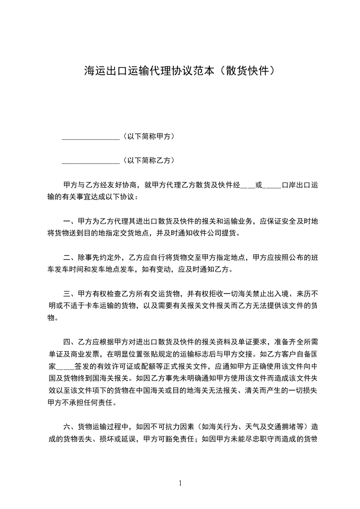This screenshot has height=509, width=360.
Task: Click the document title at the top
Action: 180,71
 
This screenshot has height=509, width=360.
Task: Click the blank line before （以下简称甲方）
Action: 90,137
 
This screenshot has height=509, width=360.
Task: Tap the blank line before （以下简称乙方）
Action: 90,161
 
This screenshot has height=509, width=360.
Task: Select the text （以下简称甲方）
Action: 148,136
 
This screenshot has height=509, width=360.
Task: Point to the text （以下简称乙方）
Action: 148,160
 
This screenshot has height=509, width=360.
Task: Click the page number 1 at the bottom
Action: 180,483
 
